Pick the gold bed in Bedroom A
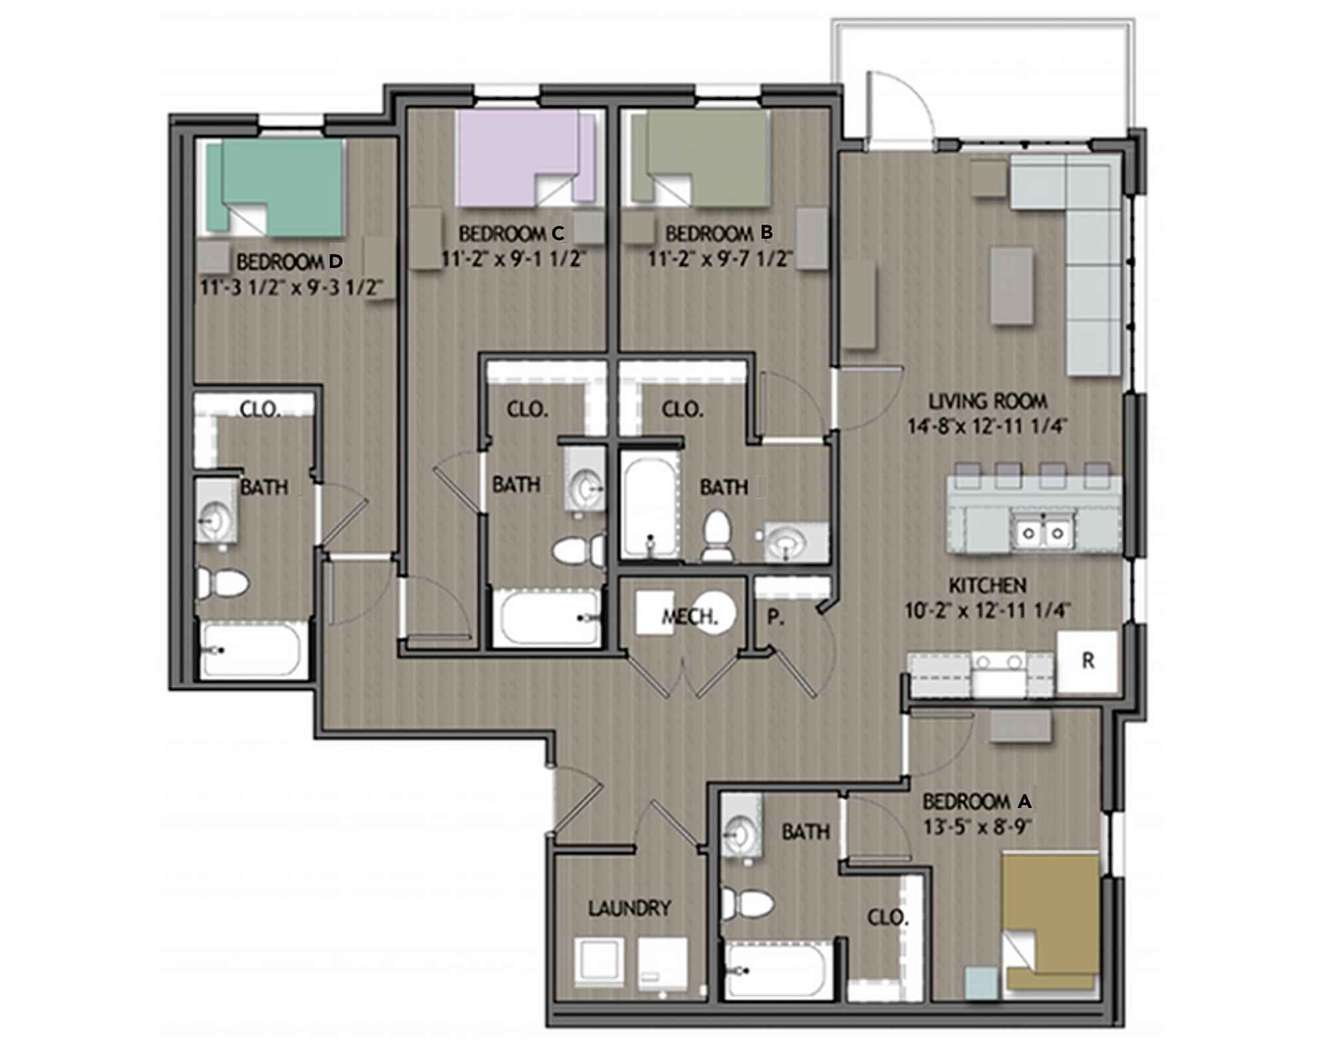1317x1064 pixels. coord(1051,911)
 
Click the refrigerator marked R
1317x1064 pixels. coord(1088,661)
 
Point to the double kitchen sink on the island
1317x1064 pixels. coord(1042,533)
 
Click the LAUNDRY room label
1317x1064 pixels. coord(629,908)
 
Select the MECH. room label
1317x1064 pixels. coord(690,616)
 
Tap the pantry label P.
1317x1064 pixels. coord(774,617)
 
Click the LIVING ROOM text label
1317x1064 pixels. coord(987,401)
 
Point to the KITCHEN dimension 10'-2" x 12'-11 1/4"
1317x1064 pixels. coord(987,610)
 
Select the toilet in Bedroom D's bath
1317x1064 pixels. coord(223,585)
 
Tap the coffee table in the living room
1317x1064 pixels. coord(1012,286)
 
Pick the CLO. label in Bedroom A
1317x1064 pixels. coord(887,918)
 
